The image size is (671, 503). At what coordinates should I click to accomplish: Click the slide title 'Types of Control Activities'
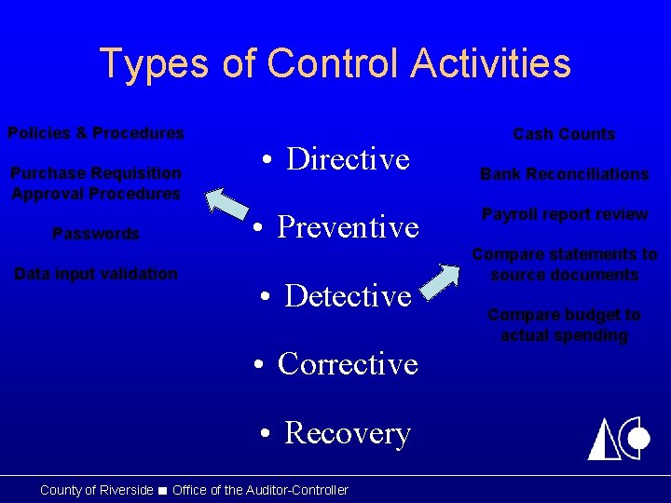click(335, 63)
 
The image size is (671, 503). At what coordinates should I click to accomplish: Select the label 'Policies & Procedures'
click(96, 133)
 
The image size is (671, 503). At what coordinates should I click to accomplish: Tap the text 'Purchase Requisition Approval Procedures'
click(96, 184)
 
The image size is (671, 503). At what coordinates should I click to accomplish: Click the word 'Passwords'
click(96, 234)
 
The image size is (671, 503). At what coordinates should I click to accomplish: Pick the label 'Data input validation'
click(96, 274)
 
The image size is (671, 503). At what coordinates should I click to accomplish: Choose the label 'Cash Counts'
click(564, 134)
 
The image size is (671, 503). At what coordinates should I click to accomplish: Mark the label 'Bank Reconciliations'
click(564, 174)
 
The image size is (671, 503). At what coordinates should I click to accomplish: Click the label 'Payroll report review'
click(564, 214)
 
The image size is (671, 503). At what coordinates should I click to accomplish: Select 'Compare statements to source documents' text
click(564, 265)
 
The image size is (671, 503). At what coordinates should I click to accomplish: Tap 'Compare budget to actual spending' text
click(564, 325)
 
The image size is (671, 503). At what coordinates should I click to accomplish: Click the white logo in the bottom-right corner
click(617, 438)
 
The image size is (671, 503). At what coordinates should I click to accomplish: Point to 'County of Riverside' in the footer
click(96, 490)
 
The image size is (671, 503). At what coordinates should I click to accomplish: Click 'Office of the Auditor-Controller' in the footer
click(260, 490)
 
